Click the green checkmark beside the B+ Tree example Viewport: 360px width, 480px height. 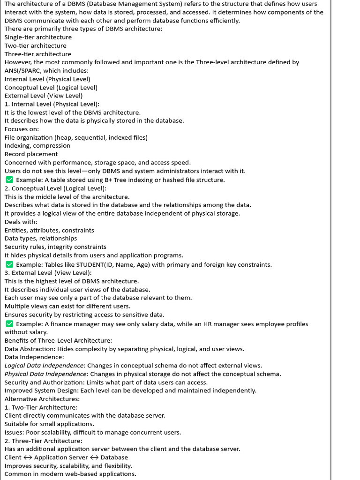coord(9,180)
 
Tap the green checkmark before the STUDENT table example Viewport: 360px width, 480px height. coord(9,265)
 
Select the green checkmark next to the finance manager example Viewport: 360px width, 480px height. coord(9,324)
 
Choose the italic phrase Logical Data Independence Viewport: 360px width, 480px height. coord(44,366)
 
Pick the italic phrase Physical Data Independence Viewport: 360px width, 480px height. coord(46,374)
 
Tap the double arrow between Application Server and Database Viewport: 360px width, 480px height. coord(94,457)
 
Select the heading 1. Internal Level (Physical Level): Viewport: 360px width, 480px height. coord(52,104)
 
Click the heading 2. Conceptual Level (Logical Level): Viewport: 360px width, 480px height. coord(55,188)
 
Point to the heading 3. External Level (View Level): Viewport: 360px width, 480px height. coord(48,273)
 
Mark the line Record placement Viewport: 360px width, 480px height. coord(31,154)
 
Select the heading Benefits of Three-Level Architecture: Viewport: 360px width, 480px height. coord(58,340)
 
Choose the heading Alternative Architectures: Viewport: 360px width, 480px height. coord(42,399)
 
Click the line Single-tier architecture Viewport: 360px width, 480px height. coord(38,37)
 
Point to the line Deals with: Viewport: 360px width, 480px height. coord(21,222)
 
